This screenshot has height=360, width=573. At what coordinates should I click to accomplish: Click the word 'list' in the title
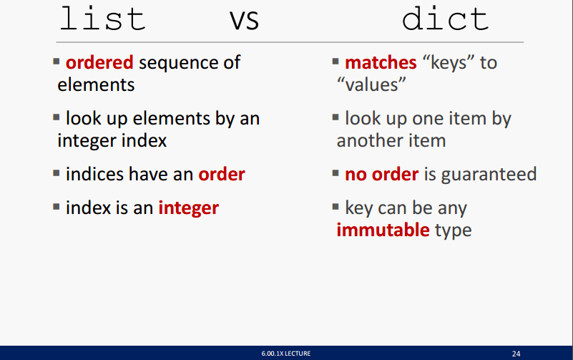[102, 19]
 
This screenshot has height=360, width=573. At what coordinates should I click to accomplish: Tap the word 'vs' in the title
[245, 21]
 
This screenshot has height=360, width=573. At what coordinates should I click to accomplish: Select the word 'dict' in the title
[445, 19]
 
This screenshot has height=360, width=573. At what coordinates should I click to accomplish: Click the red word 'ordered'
[99, 62]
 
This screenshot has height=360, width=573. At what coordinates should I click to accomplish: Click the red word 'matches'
[381, 62]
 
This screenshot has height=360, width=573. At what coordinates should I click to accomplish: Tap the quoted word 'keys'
[449, 63]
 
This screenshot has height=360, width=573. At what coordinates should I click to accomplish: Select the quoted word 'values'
[371, 84]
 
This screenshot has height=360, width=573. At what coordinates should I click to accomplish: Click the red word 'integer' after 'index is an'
[189, 208]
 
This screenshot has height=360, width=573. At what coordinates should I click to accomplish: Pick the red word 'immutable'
[383, 230]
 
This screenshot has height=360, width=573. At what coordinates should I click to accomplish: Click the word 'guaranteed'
[489, 175]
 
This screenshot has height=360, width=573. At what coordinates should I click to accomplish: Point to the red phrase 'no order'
[382, 175]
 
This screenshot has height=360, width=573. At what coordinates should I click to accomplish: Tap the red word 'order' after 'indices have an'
[222, 175]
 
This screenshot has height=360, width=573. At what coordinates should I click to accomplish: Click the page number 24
[516, 354]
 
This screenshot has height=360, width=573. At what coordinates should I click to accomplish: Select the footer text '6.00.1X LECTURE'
[286, 354]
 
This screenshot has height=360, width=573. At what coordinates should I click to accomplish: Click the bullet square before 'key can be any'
[336, 208]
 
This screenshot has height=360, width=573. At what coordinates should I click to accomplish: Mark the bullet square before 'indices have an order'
[57, 173]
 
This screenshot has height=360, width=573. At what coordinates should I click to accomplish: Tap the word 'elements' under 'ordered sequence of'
[96, 84]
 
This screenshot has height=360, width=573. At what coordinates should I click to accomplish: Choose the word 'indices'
[94, 174]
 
